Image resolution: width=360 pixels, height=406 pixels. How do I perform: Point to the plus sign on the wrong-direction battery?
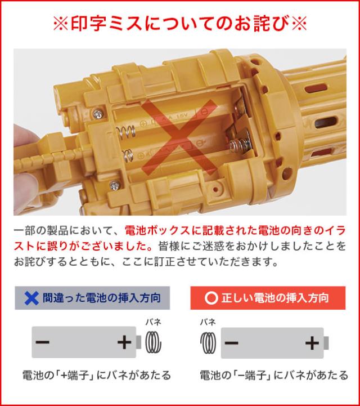coord(123,343)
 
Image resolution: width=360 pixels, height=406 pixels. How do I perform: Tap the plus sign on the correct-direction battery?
coord(311,343)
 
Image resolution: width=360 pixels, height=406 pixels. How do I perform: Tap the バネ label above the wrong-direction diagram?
coord(153,322)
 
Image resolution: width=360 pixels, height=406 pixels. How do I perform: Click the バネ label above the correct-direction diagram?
coord(208,322)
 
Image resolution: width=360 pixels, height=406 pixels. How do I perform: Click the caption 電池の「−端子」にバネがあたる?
coord(274,375)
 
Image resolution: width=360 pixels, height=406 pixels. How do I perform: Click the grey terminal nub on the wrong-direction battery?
coord(138,343)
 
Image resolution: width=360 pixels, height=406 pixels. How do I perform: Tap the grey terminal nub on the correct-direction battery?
coord(326,343)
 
